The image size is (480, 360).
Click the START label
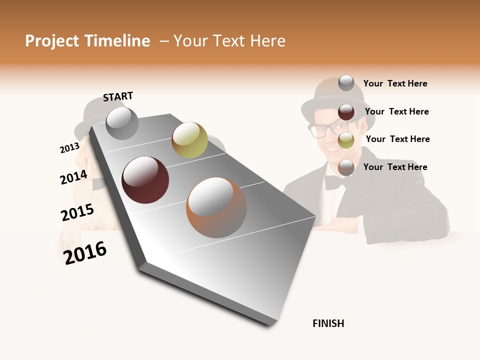pyautogui.click(x=118, y=96)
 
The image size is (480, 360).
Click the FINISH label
pyautogui.click(x=328, y=323)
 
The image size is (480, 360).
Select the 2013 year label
pyautogui.click(x=69, y=148)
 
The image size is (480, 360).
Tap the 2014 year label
pyautogui.click(x=73, y=177)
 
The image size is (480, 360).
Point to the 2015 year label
pyautogui.click(x=77, y=212)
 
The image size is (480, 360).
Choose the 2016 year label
pyautogui.click(x=85, y=252)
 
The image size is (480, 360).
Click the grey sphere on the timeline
pyautogui.click(x=122, y=123)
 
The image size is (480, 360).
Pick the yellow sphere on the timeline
pyautogui.click(x=189, y=139)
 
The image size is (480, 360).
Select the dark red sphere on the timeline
pyautogui.click(x=145, y=180)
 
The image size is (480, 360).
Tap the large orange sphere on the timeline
pyautogui.click(x=216, y=207)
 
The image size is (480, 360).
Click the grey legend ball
pyautogui.click(x=346, y=83)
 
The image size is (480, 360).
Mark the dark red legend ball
pyautogui.click(x=346, y=112)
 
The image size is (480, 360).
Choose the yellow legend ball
pyautogui.click(x=346, y=140)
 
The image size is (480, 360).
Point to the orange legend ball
pyautogui.click(x=346, y=167)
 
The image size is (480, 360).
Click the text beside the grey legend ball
pyautogui.click(x=395, y=83)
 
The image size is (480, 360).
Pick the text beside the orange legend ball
pyautogui.click(x=395, y=167)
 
